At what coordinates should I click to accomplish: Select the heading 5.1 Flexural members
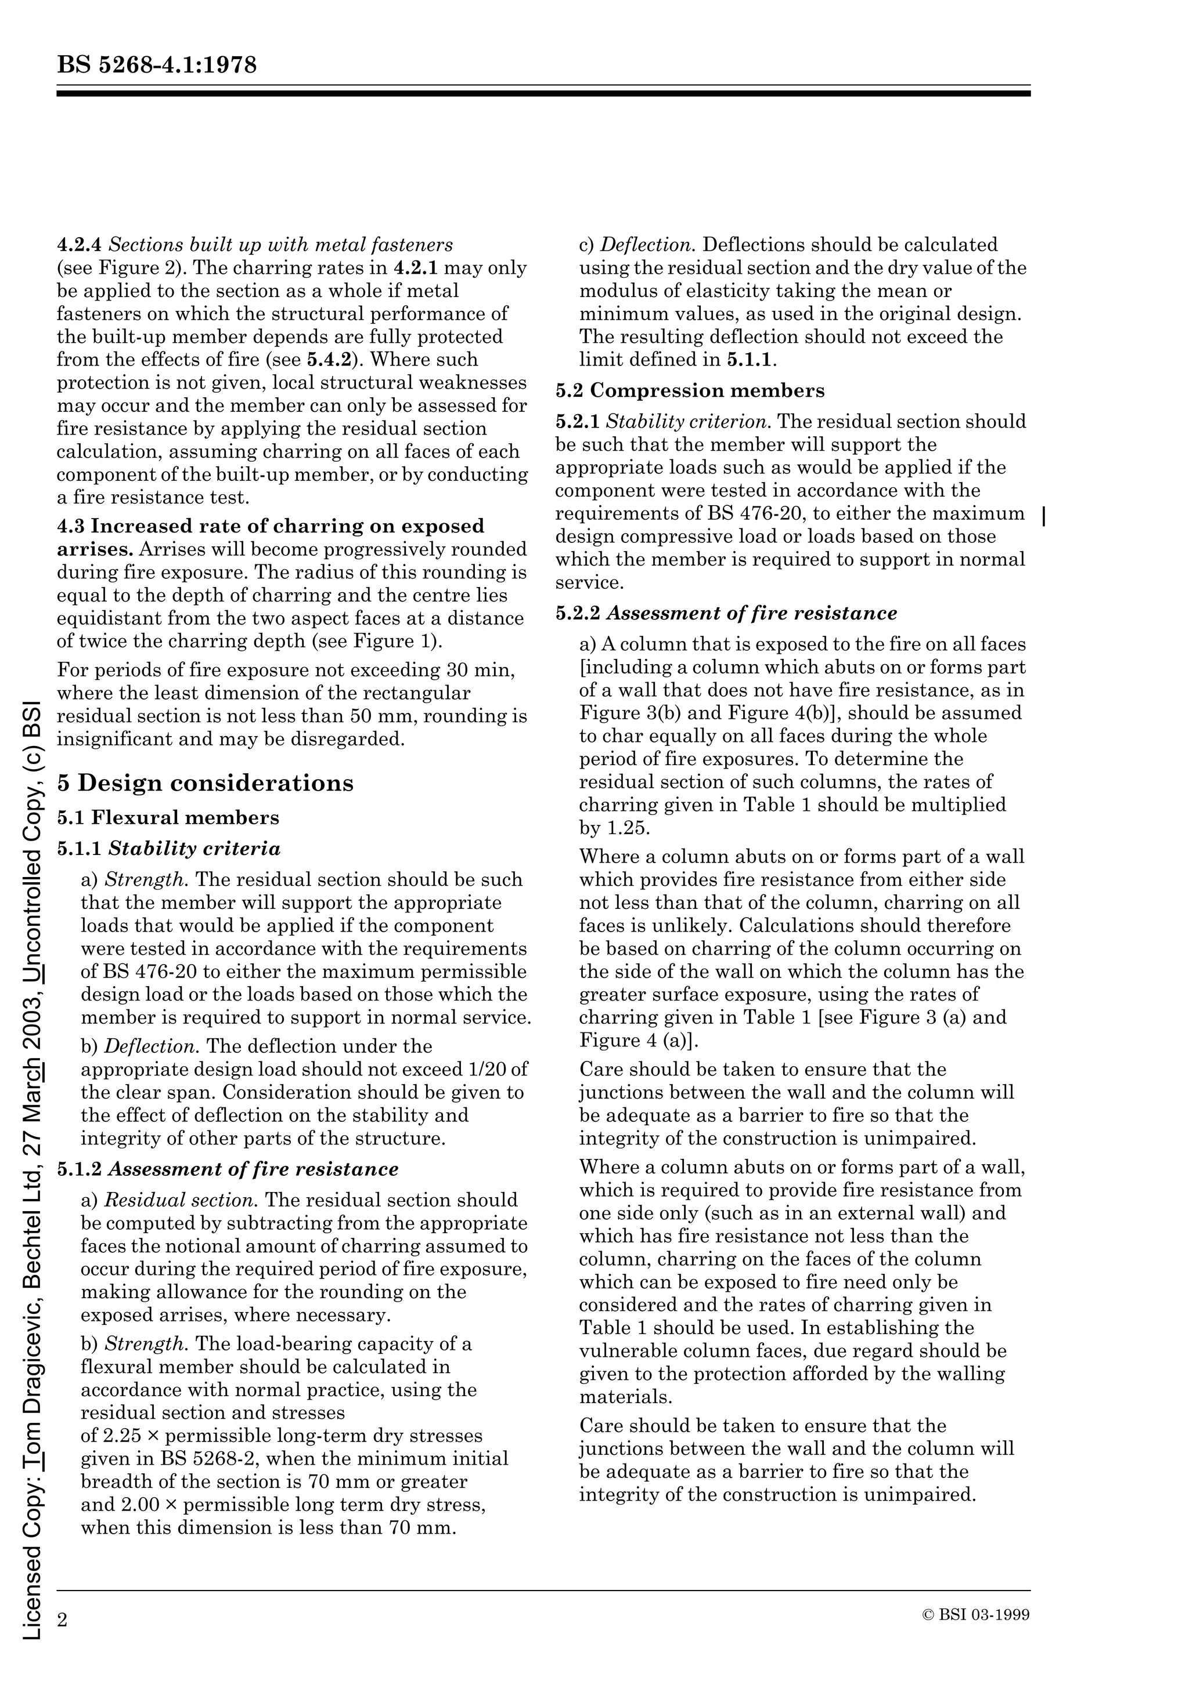click(x=168, y=817)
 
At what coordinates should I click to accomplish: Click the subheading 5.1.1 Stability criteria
click(x=168, y=849)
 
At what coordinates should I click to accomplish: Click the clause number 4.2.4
click(x=79, y=245)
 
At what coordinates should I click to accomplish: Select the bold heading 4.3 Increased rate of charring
click(x=271, y=527)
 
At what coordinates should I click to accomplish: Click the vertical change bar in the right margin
click(x=1043, y=516)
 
